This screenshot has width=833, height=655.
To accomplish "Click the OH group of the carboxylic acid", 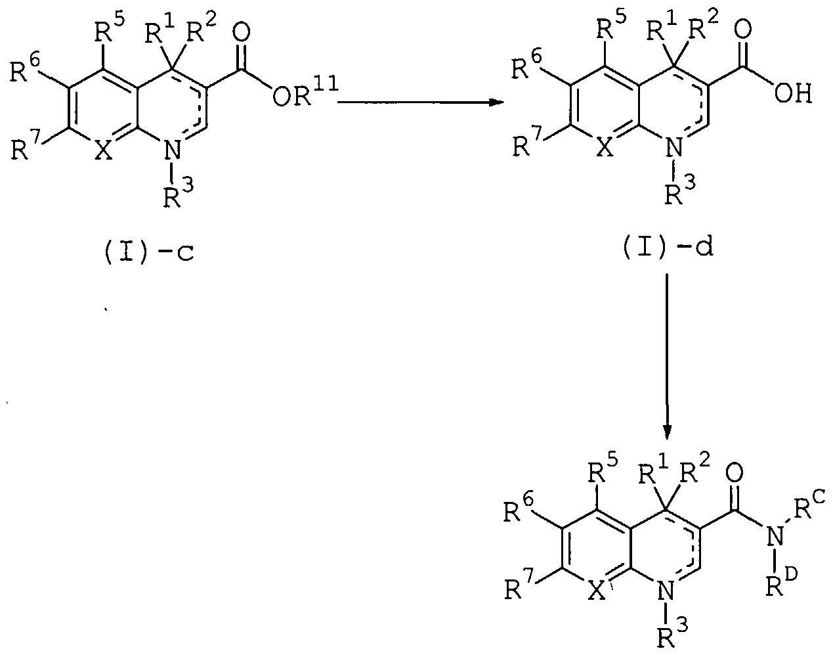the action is (794, 94).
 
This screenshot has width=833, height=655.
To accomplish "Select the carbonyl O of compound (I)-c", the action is (242, 32).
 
